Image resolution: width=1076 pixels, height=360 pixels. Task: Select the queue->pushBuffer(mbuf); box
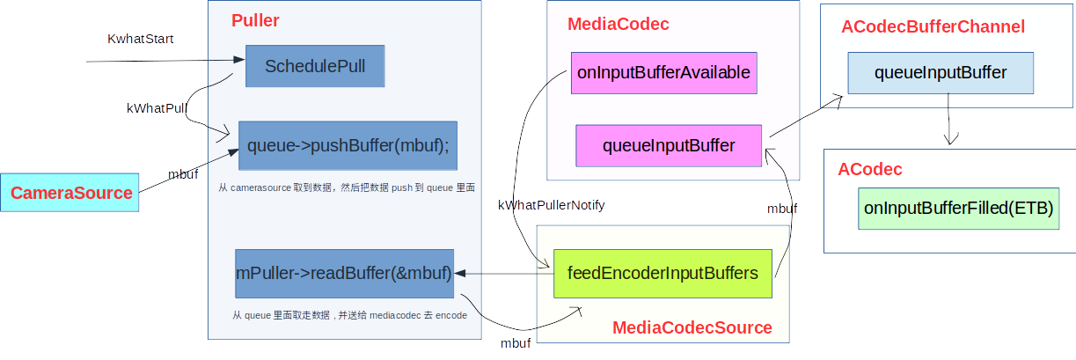click(x=348, y=145)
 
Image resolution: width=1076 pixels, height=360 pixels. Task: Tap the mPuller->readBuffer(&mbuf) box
click(x=344, y=273)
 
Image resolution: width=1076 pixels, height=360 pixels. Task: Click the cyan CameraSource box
click(x=70, y=193)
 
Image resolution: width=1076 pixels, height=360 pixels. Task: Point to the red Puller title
click(x=255, y=20)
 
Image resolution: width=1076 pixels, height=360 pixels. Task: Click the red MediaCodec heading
click(x=618, y=25)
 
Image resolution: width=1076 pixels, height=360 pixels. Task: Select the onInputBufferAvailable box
click(x=663, y=73)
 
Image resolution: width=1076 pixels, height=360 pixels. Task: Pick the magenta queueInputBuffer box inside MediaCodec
click(x=669, y=145)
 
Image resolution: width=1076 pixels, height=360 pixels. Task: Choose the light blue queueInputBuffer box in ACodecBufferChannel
click(x=941, y=73)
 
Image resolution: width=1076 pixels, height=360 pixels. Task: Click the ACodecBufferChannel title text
click(x=933, y=27)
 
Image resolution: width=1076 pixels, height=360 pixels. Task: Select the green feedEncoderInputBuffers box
click(x=662, y=273)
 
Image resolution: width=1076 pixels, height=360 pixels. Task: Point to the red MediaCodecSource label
click(x=692, y=328)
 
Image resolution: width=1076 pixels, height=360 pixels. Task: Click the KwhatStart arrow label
click(x=141, y=40)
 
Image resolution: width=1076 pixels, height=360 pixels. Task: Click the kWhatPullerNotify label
click(x=552, y=205)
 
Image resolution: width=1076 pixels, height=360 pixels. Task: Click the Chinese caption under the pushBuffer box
click(x=347, y=187)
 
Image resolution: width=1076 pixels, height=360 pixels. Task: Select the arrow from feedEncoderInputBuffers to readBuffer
click(x=503, y=274)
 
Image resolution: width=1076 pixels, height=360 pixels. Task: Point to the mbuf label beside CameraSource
click(x=183, y=175)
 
